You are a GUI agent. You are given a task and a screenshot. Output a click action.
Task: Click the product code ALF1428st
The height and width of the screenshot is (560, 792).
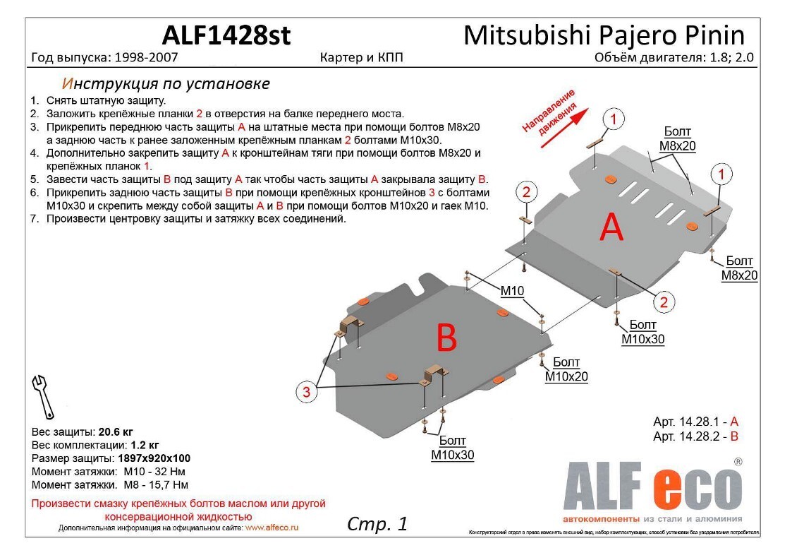[226, 35]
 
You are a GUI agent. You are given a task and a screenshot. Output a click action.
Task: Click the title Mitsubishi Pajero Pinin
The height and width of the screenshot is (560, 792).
[604, 35]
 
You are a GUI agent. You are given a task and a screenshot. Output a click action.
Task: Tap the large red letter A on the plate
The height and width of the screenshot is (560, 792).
[611, 227]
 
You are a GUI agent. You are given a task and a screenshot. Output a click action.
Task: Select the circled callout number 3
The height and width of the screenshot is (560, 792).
[307, 393]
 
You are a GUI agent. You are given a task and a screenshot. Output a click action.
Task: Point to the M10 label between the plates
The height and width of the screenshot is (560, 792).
[513, 291]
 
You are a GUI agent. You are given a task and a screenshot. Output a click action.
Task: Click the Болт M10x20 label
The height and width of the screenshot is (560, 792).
[566, 369]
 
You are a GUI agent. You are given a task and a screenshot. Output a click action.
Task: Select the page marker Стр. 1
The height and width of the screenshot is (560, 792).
[377, 523]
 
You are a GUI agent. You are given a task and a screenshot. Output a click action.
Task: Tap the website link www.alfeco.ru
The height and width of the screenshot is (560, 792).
[272, 528]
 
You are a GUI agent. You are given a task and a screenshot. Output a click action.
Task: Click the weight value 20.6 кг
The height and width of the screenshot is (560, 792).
[116, 431]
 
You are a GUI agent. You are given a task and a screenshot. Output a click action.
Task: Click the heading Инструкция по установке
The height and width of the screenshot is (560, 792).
[166, 83]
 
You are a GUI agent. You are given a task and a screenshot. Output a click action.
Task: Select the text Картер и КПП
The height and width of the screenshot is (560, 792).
[361, 58]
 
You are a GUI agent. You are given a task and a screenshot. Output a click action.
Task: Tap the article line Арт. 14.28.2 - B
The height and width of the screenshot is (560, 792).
[695, 437]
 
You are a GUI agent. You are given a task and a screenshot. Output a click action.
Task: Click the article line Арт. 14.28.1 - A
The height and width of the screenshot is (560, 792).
[695, 422]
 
